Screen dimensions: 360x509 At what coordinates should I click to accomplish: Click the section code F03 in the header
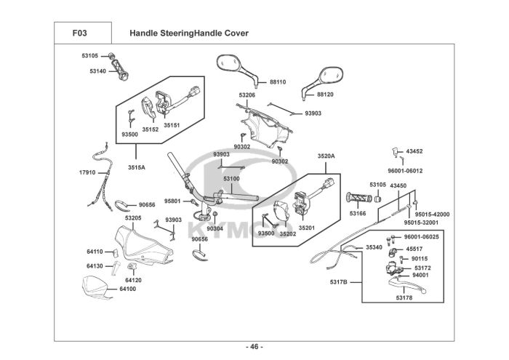[x=79, y=33]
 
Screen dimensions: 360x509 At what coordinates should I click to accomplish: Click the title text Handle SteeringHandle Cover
[x=188, y=33]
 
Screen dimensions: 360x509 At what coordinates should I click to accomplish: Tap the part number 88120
[x=325, y=95]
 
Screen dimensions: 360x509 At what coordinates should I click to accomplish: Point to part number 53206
[x=247, y=95]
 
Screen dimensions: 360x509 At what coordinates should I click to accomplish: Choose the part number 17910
[x=87, y=172]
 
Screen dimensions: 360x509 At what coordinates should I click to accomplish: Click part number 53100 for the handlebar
[x=231, y=178]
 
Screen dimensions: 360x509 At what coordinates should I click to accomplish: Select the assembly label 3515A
[x=137, y=167]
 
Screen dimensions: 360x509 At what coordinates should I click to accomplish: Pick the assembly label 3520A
[x=326, y=156]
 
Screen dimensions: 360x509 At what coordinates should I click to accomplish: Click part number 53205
[x=132, y=217]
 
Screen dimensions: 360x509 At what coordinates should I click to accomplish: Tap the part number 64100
[x=127, y=289]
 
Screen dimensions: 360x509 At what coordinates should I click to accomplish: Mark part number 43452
[x=414, y=151]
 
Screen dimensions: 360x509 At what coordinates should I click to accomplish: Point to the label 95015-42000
[x=432, y=214]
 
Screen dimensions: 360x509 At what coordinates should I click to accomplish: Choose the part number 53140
[x=97, y=71]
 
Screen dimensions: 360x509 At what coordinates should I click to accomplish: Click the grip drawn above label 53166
[x=358, y=199]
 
